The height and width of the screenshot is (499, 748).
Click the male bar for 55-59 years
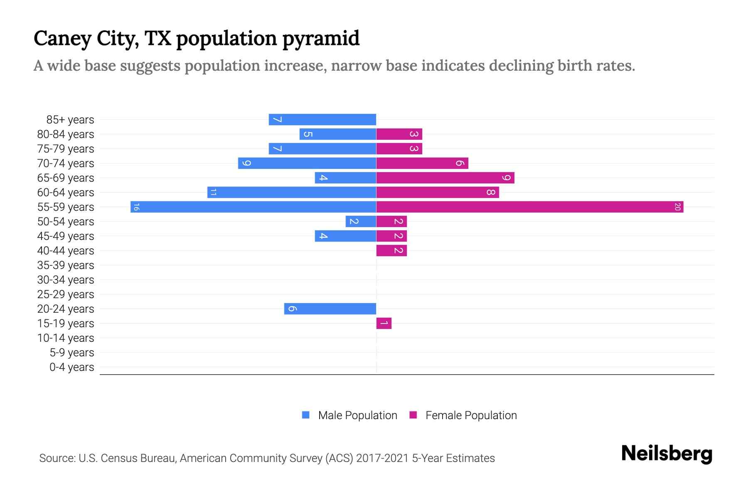tap(253, 207)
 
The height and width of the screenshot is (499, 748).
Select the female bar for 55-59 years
tap(530, 207)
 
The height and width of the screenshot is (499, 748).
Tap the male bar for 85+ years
tap(322, 119)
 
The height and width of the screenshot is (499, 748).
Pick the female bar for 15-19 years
tap(384, 323)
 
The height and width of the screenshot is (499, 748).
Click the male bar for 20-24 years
tap(330, 309)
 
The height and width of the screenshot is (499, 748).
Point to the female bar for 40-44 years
tap(391, 250)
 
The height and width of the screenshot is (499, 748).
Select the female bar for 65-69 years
tap(445, 178)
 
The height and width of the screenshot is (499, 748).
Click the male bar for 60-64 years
tap(292, 192)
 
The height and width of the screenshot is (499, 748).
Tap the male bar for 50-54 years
tap(361, 221)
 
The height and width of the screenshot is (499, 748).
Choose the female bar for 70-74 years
tap(422, 163)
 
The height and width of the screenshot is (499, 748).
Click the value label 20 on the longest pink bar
tap(677, 207)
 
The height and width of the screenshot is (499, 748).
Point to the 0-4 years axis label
tap(71, 367)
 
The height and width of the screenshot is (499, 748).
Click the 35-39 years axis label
tap(66, 265)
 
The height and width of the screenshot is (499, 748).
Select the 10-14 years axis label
tap(66, 338)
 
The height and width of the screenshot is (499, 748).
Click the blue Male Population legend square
tap(306, 415)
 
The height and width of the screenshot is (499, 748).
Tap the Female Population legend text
tap(471, 415)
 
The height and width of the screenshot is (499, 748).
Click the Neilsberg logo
tap(667, 454)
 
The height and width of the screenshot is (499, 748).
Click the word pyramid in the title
tap(321, 39)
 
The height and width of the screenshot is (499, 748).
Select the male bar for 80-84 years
tap(338, 134)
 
